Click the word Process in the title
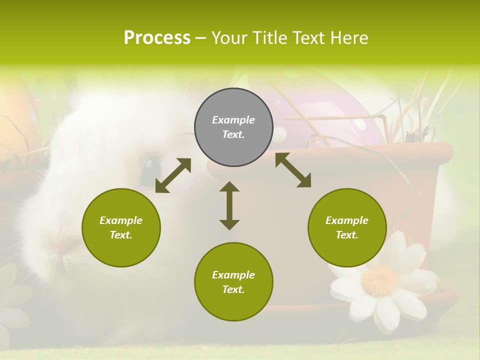coord(157,38)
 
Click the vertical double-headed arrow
coord(229,205)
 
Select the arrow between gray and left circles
coord(173,175)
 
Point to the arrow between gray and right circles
coord(293,170)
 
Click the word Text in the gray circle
coord(233,134)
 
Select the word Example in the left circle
coord(121,220)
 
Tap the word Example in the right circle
coord(347,220)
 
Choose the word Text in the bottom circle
coord(233,289)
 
